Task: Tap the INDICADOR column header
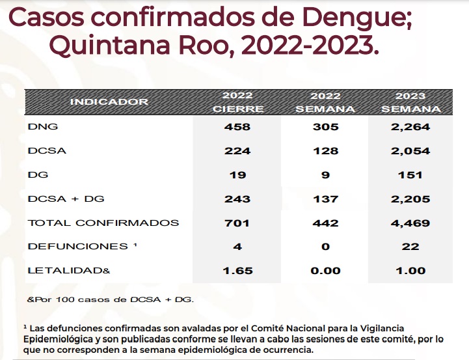point(109,102)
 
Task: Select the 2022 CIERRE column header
point(238,102)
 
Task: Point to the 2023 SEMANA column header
point(410,102)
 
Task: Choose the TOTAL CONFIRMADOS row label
point(103,223)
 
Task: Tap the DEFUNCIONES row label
point(77,247)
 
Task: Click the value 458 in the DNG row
point(237,127)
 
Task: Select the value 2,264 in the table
point(410,127)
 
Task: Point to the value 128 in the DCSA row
point(325,151)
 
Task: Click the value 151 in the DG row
point(410,174)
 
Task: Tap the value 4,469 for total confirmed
point(410,223)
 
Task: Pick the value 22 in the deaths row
point(410,247)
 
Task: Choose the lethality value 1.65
point(237,271)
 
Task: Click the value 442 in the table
point(325,223)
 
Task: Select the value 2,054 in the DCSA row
point(410,151)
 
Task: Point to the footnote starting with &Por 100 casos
point(110,299)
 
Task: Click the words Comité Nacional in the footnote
point(260,328)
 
